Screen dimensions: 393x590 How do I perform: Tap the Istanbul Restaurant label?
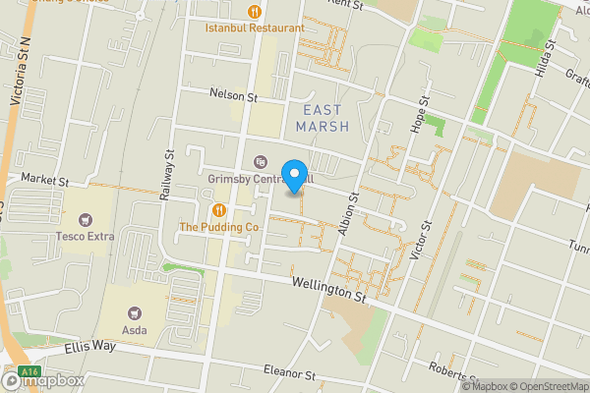tap(255, 28)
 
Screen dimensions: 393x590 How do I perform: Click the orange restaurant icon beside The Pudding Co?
tap(218, 210)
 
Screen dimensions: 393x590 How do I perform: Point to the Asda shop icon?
tap(134, 312)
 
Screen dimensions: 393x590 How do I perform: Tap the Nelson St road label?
tap(232, 96)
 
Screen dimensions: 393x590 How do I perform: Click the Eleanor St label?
tap(288, 373)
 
